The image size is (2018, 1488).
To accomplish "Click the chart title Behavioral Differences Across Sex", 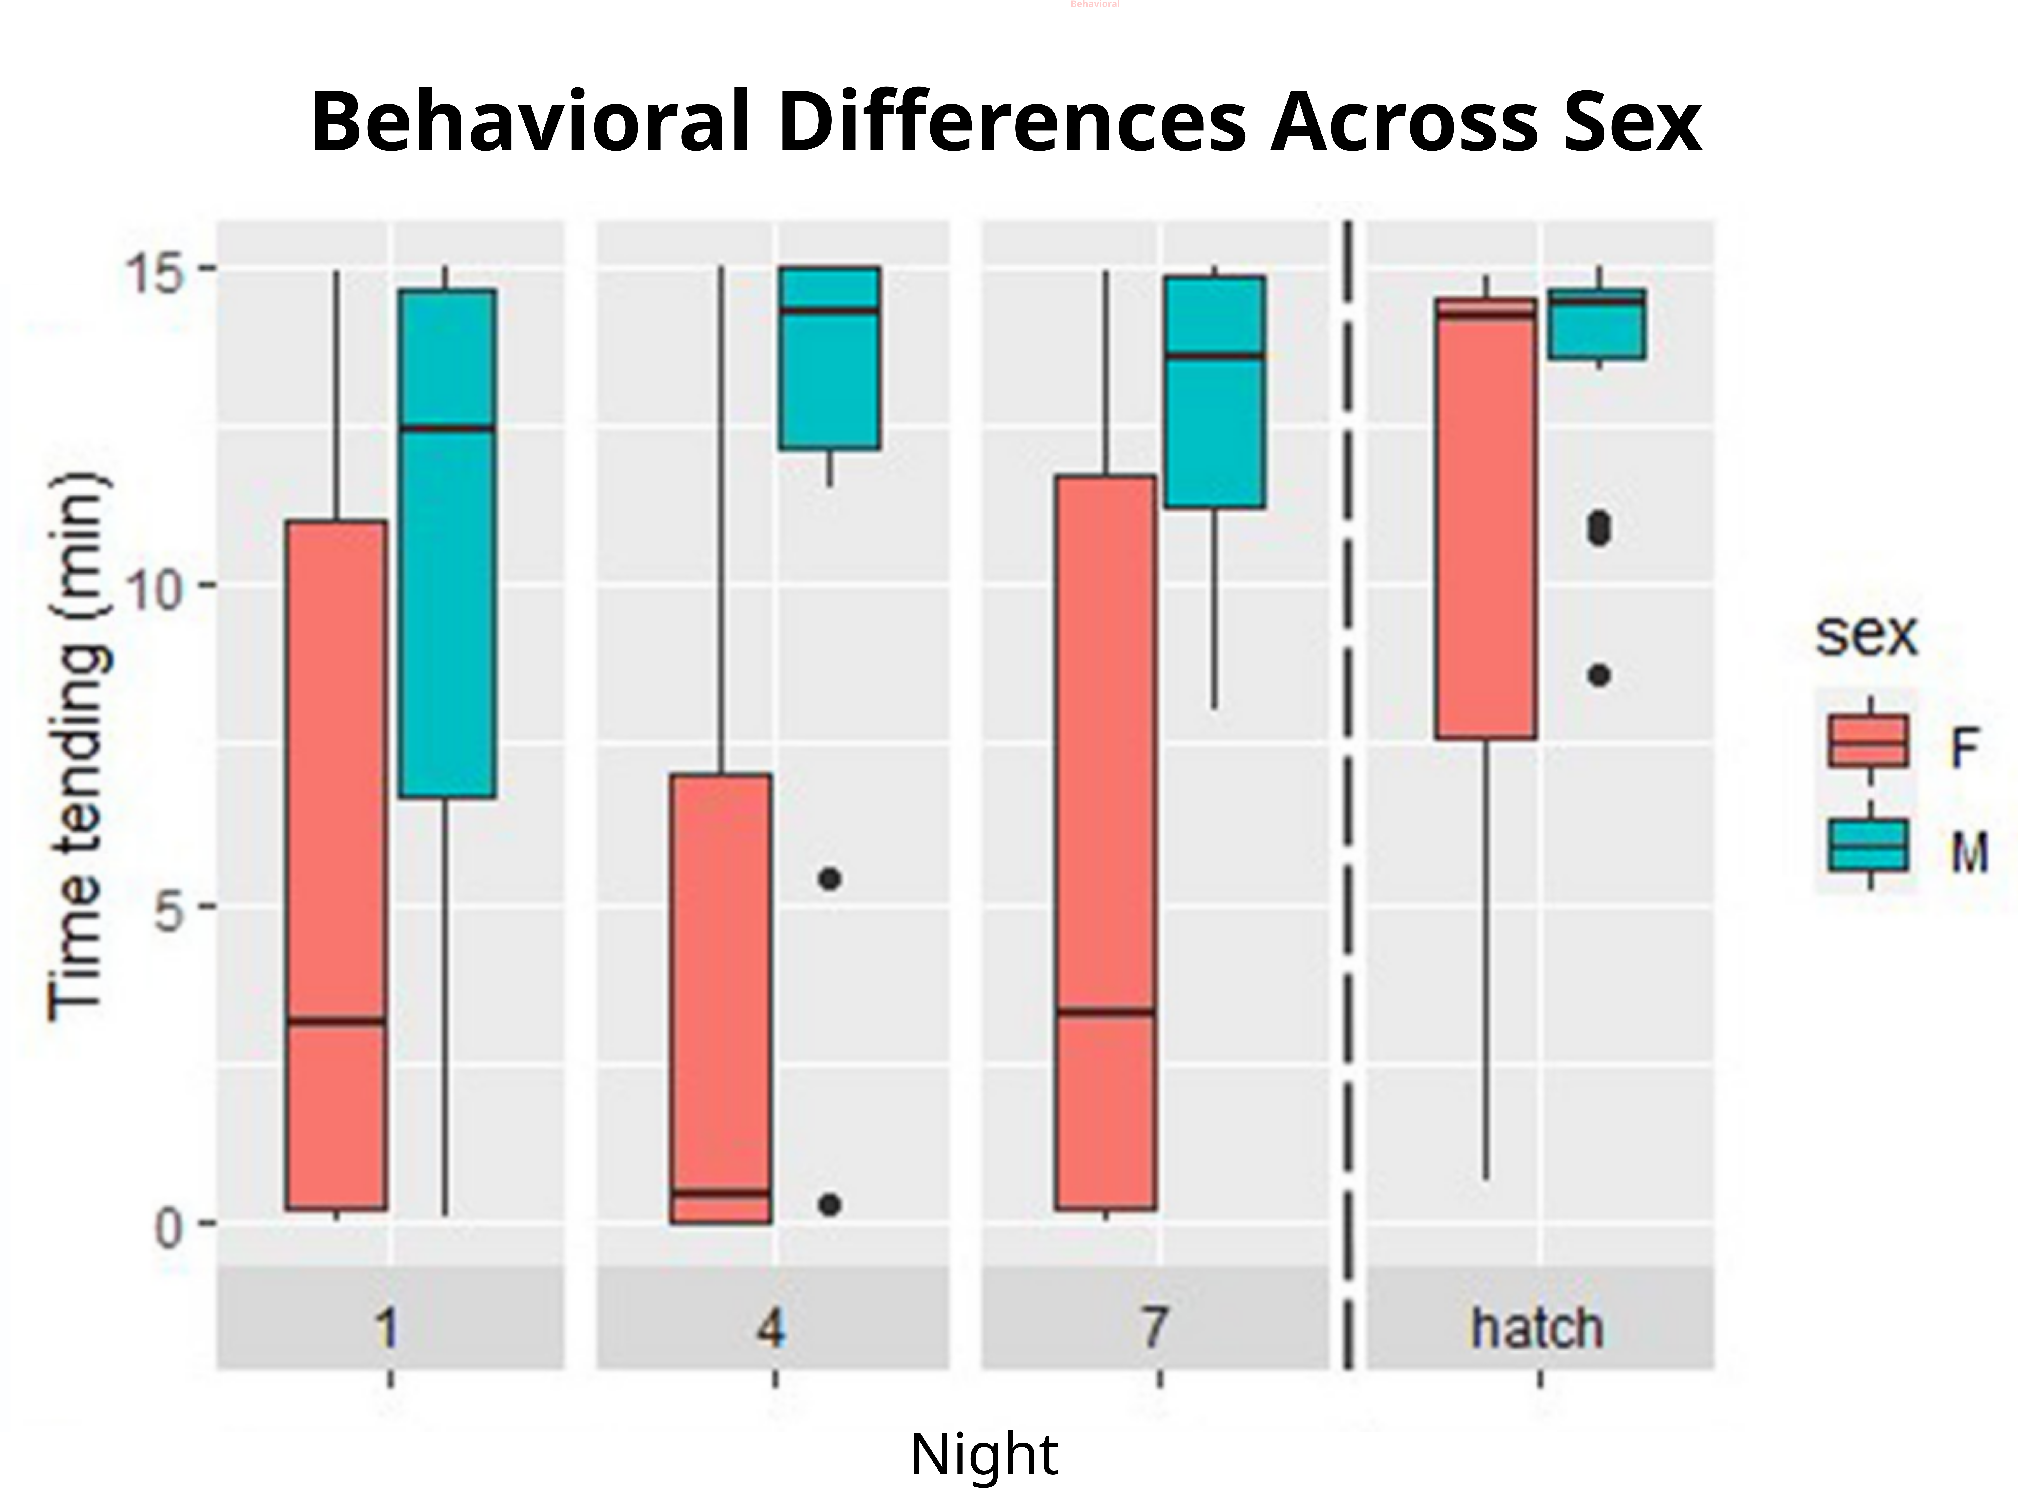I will click(x=1006, y=122).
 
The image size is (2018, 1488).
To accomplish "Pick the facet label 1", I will click(x=387, y=1328).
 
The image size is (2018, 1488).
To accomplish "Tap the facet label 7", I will click(x=1155, y=1328).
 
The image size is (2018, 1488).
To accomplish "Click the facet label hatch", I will click(x=1538, y=1328).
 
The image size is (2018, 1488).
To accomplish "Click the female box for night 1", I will click(x=336, y=865).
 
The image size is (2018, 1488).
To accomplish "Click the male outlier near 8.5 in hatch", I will click(x=1599, y=675).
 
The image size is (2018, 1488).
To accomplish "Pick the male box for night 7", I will click(x=1215, y=392).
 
